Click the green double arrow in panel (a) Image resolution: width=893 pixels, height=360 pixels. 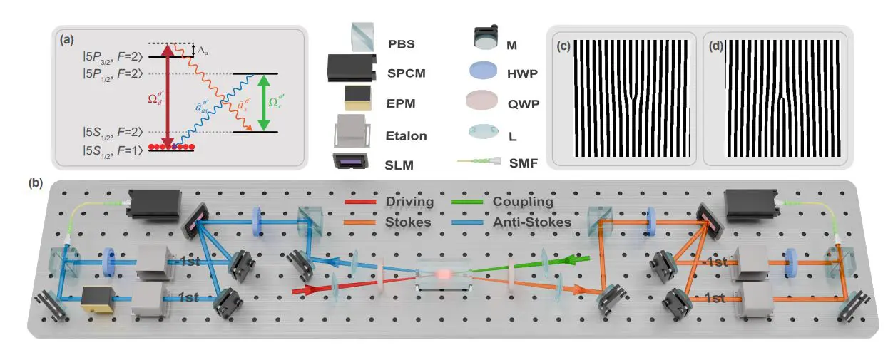tap(264, 103)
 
